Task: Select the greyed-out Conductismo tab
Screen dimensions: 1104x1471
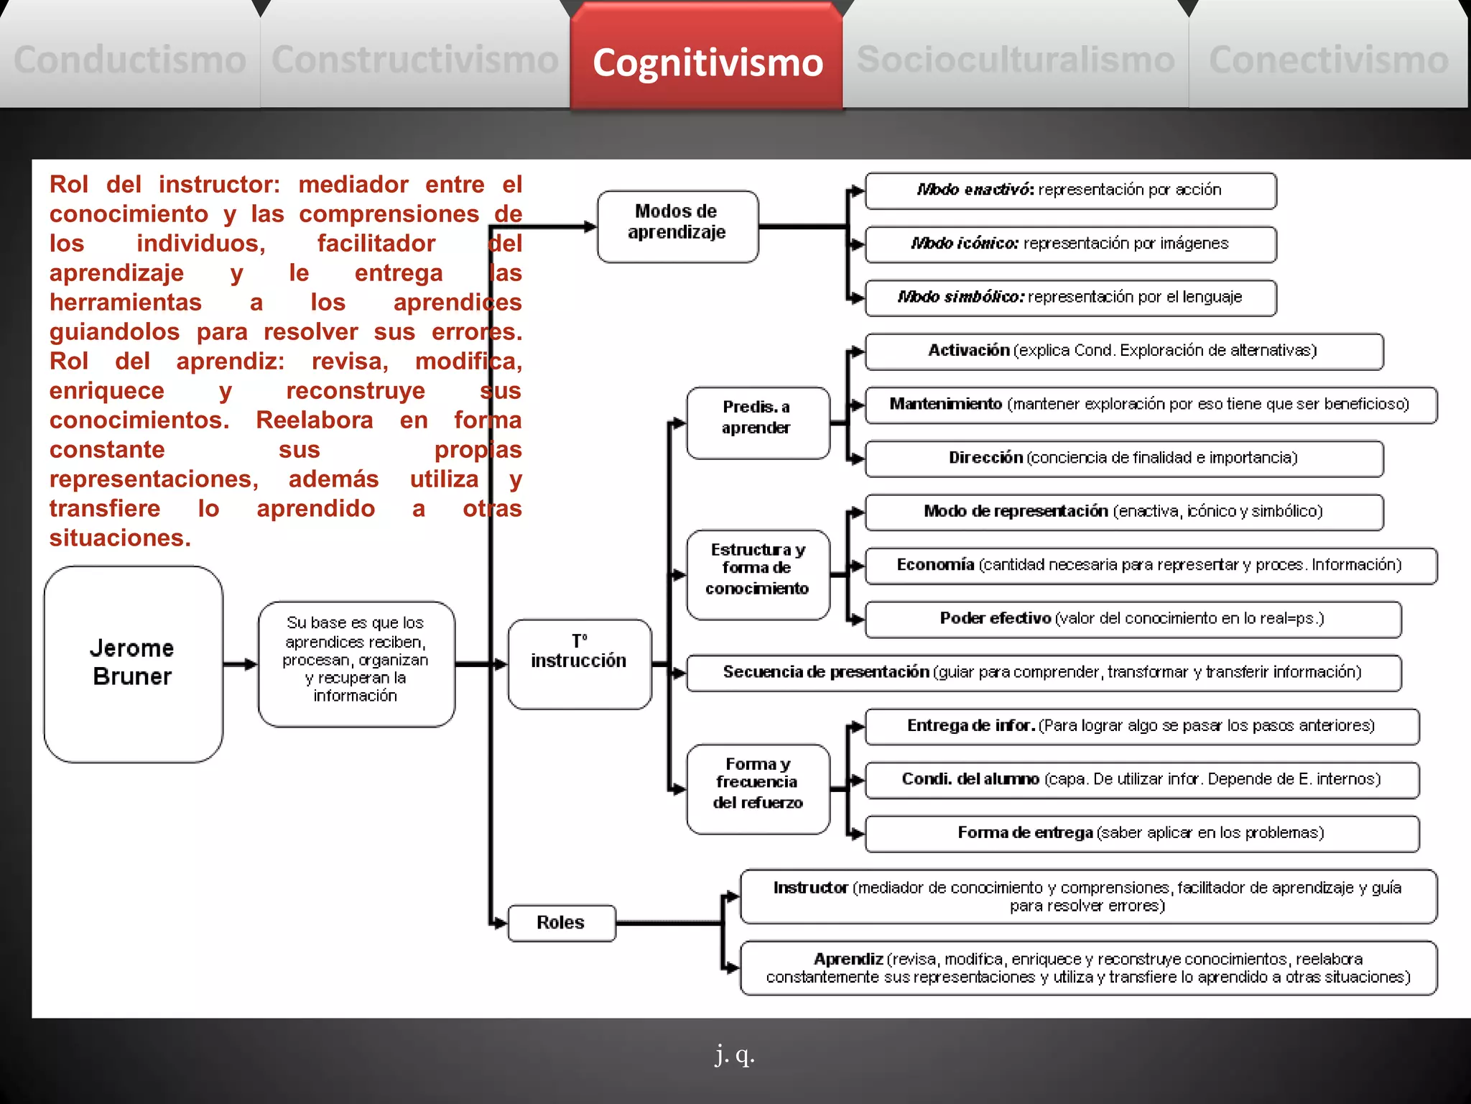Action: coord(130,60)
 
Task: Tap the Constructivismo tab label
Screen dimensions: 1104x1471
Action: coord(415,60)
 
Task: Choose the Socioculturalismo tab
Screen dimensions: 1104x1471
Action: coord(1016,60)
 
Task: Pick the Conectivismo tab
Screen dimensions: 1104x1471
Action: coord(1329,60)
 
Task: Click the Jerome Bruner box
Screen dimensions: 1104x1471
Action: coord(134,663)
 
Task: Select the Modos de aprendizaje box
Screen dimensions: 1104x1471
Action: coord(677,226)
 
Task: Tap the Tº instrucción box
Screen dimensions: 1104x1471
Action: coord(579,663)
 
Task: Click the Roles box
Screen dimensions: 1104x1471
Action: coord(561,923)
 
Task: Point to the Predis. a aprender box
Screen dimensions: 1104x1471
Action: coord(757,423)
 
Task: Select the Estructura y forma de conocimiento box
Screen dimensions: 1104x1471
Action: coord(758,574)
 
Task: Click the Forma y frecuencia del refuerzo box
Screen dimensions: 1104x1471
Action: coord(758,788)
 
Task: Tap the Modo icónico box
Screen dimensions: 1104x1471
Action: coord(1070,244)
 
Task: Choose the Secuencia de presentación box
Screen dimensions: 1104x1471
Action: coord(1043,673)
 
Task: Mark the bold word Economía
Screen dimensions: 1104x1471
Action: coord(935,565)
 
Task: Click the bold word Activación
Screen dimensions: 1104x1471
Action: coord(969,351)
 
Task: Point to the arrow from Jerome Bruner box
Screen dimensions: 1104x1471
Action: coord(240,664)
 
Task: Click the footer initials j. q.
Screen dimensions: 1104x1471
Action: coord(735,1055)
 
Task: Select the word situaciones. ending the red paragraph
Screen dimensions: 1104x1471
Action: coord(120,538)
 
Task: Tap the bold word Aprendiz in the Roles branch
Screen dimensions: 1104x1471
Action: coord(848,960)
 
